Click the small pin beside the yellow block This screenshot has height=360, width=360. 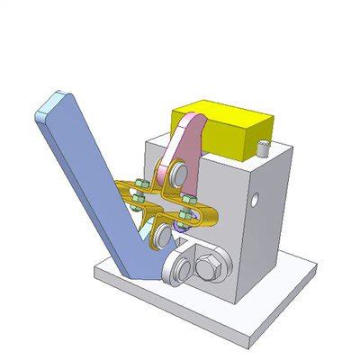264,146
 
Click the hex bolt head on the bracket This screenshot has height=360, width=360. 206,267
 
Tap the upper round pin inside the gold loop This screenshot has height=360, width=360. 176,172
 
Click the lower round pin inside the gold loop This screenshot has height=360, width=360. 162,236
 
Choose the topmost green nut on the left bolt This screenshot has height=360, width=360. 139,185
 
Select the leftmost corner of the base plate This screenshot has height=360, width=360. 96,267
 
